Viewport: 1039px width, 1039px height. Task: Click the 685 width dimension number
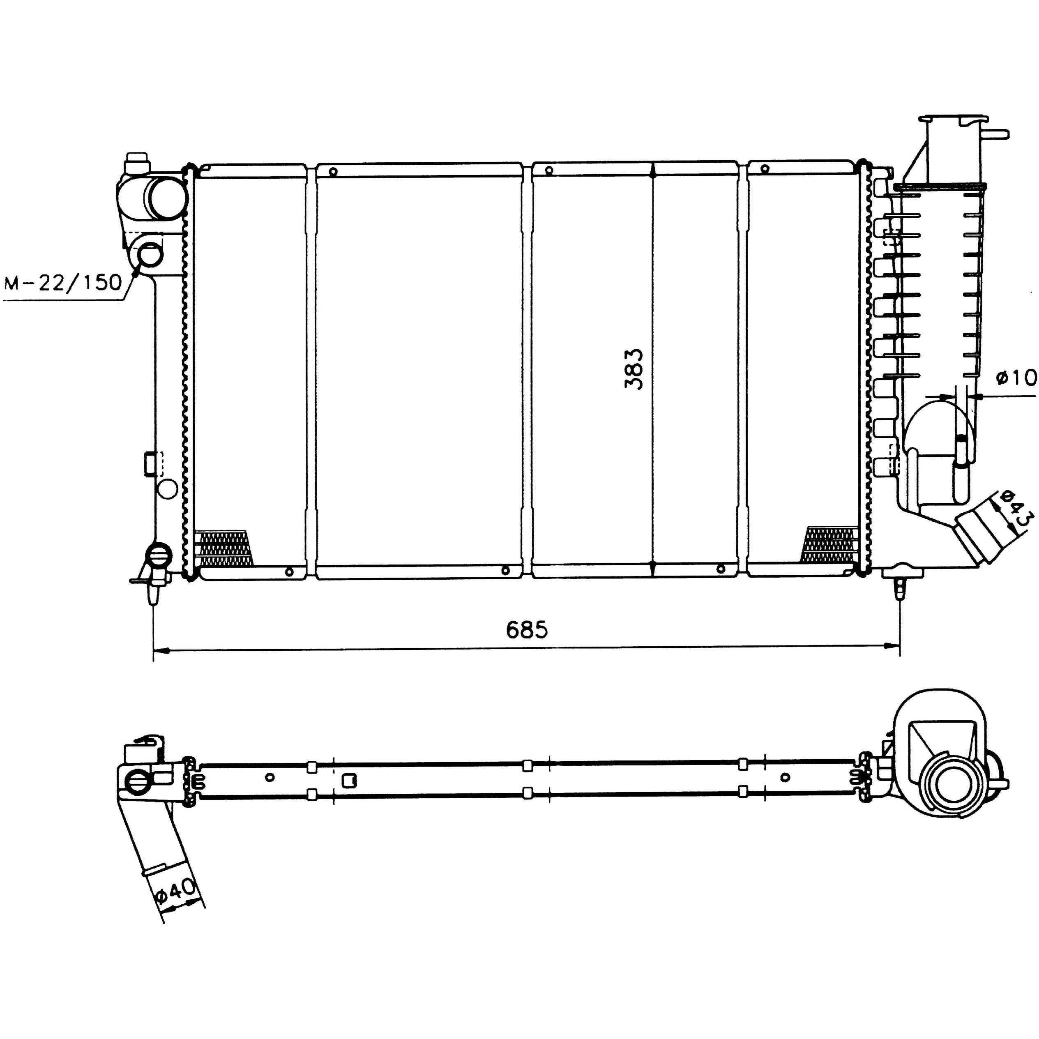point(527,629)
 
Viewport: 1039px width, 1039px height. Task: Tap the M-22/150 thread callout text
point(63,282)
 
